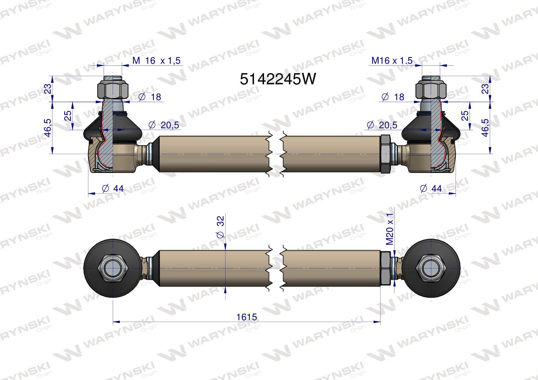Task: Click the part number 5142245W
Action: (x=278, y=79)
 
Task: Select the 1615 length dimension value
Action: (x=247, y=317)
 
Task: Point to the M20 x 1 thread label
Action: (x=389, y=229)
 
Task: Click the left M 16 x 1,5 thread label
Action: (x=156, y=61)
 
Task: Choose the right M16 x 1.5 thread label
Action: (x=392, y=61)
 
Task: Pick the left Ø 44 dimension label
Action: (x=113, y=188)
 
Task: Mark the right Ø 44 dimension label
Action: (x=431, y=188)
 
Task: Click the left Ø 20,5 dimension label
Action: (x=164, y=125)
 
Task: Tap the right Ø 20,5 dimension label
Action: (x=382, y=125)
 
